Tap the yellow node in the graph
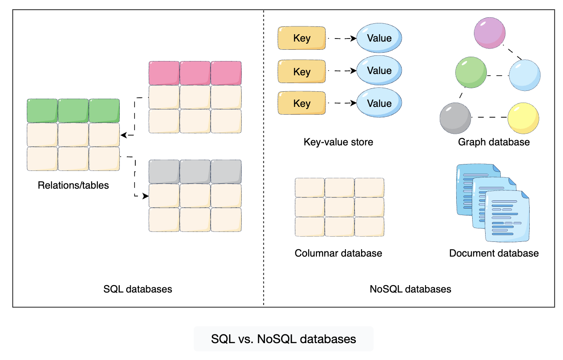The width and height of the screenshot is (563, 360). [523, 118]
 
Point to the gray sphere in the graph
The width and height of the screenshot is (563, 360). [455, 118]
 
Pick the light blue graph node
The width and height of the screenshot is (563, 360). [525, 75]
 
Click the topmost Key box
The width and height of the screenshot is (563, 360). [301, 38]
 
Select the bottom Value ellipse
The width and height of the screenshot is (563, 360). [379, 103]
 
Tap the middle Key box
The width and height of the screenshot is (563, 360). [301, 71]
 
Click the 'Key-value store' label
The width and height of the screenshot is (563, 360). [338, 142]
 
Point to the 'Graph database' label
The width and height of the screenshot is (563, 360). [494, 142]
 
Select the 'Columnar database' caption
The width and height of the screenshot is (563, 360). [338, 253]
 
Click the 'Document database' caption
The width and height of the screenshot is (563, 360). [494, 253]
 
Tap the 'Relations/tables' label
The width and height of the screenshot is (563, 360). [74, 186]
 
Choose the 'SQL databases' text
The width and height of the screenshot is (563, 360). [138, 289]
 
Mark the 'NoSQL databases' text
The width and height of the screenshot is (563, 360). [410, 289]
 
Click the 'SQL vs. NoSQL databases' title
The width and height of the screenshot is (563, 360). [284, 339]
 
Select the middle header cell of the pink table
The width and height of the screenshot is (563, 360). [195, 73]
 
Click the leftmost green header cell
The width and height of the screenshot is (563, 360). [42, 111]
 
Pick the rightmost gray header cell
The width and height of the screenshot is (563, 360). [226, 171]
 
